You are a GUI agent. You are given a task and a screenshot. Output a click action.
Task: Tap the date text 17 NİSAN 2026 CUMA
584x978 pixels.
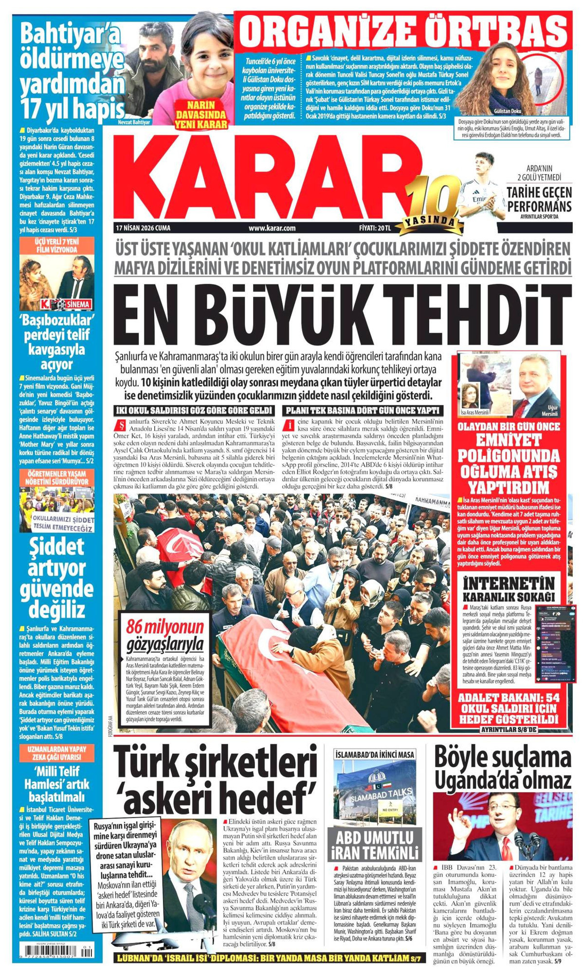coord(143,228)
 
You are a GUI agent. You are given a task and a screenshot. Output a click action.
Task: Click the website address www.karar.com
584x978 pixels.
coord(272,228)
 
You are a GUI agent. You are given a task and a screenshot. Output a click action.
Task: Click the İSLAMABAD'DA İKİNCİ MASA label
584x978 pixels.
coord(375,754)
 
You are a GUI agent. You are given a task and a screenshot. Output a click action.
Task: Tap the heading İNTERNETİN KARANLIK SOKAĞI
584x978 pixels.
coord(509,589)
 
